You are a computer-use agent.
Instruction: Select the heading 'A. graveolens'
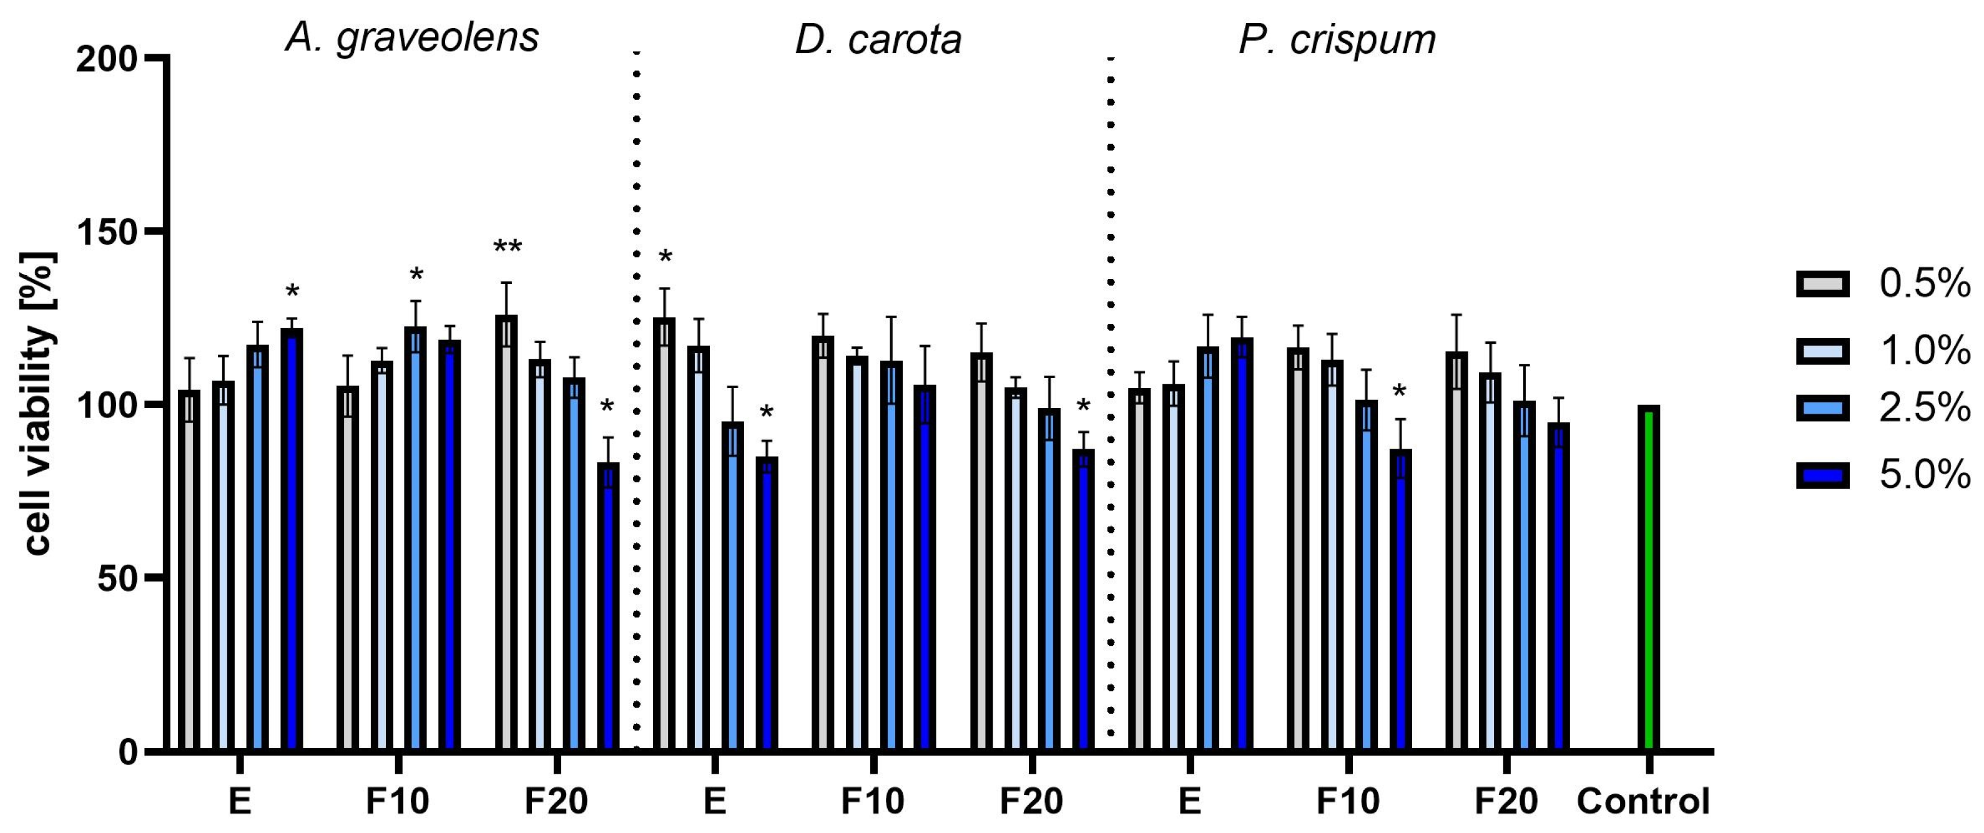pyautogui.click(x=412, y=37)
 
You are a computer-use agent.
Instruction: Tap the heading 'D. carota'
pyautogui.click(x=878, y=39)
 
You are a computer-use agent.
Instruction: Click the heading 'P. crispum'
pyautogui.click(x=1337, y=39)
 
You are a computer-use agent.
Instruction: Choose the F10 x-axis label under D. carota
pyautogui.click(x=872, y=801)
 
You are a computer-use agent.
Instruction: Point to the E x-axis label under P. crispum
pyautogui.click(x=1189, y=801)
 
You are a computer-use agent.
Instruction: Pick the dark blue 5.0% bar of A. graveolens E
pyautogui.click(x=292, y=539)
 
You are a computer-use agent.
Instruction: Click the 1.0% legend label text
pyautogui.click(x=1924, y=351)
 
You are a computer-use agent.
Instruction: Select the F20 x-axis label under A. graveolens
pyautogui.click(x=556, y=801)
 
